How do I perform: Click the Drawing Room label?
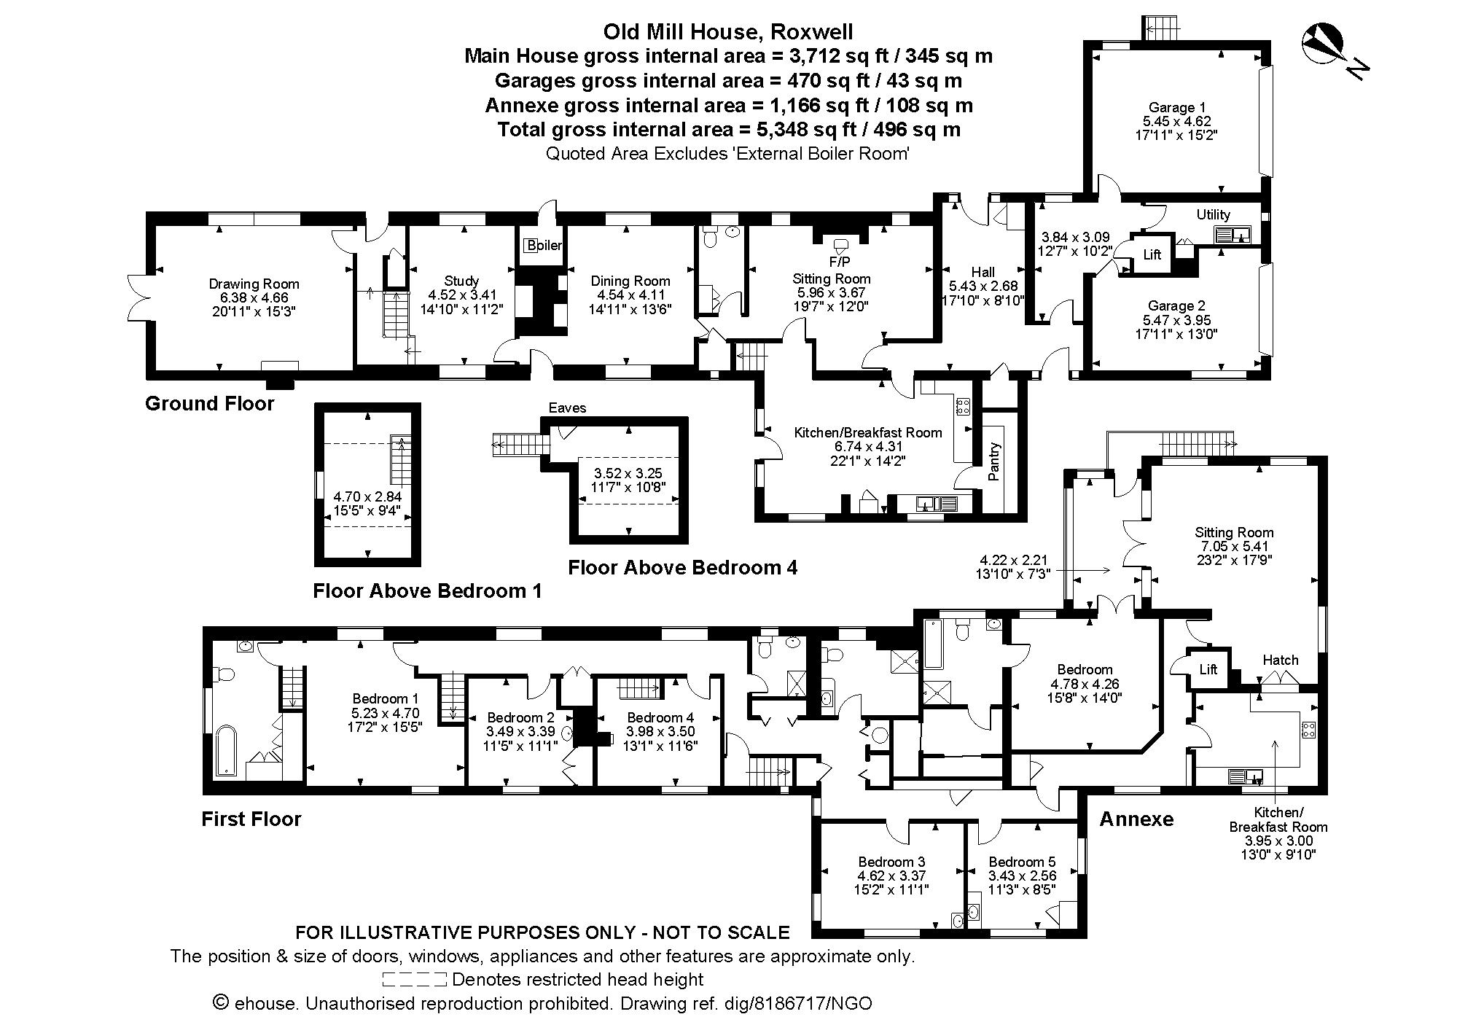click(x=254, y=284)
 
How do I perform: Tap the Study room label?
click(x=461, y=281)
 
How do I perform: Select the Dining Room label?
click(x=630, y=281)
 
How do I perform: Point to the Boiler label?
click(x=544, y=246)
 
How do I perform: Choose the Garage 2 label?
click(x=1176, y=306)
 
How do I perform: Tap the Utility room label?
click(x=1213, y=214)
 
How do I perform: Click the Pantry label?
click(x=994, y=461)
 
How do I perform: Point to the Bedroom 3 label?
click(x=891, y=862)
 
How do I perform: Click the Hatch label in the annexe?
click(x=1280, y=660)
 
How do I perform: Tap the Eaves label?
click(x=567, y=408)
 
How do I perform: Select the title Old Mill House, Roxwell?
click(x=727, y=32)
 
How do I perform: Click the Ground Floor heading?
click(x=210, y=404)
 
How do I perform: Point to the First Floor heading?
click(x=251, y=819)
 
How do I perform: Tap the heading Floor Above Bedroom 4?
click(x=682, y=568)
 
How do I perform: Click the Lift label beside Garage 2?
click(x=1152, y=255)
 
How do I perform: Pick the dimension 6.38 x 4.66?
click(x=254, y=298)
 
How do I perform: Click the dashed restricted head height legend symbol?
click(x=414, y=979)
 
